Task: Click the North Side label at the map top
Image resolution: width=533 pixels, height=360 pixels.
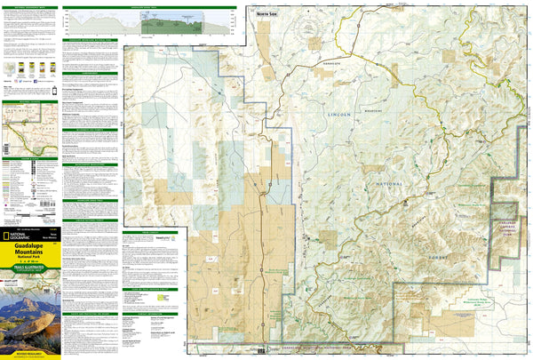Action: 264,14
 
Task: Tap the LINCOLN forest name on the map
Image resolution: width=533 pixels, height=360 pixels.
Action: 340,116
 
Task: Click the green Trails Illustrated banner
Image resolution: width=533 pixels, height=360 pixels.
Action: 30,266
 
